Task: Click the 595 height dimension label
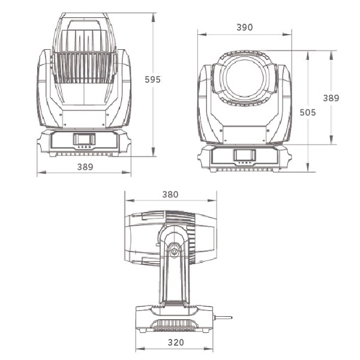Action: pos(152,79)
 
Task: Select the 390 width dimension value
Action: pos(245,28)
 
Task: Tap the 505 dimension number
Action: pos(308,113)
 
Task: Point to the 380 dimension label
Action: pos(170,194)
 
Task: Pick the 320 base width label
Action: pos(176,343)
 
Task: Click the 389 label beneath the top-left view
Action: pos(85,167)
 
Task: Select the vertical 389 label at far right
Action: pos(331,98)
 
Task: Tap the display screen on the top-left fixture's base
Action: pos(84,139)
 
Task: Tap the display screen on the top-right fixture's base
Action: pos(245,155)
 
